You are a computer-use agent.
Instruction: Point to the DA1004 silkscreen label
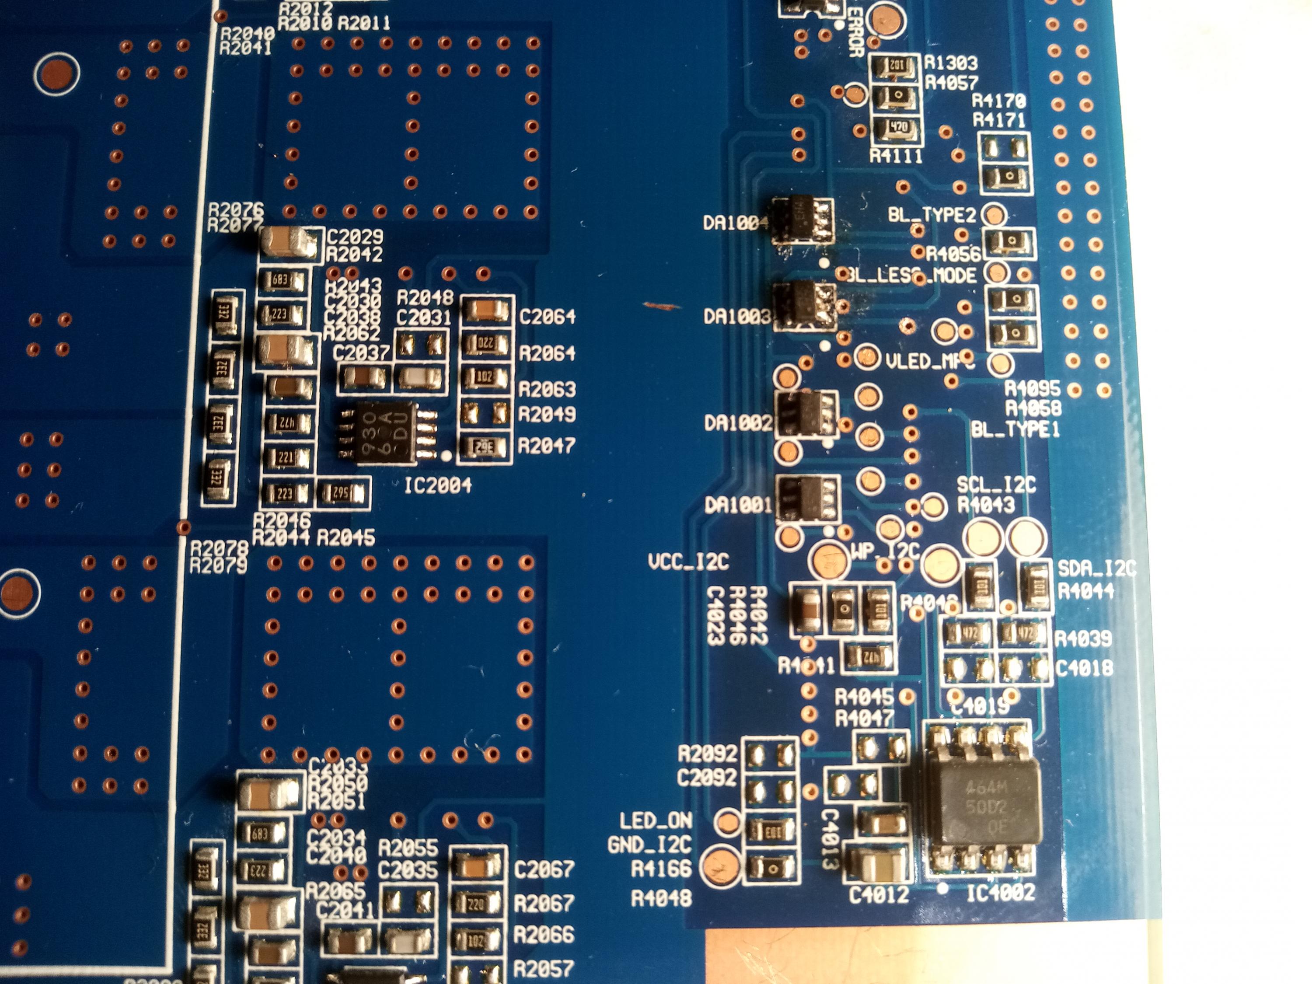click(x=736, y=223)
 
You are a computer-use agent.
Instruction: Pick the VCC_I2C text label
click(x=688, y=561)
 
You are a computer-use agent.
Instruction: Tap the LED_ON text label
click(x=656, y=821)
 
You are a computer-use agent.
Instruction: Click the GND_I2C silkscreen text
click(x=649, y=844)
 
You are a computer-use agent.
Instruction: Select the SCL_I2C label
click(x=996, y=485)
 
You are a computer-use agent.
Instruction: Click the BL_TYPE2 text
click(x=931, y=215)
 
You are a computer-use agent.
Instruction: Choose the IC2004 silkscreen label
click(x=438, y=486)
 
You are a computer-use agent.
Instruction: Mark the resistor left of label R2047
click(x=485, y=446)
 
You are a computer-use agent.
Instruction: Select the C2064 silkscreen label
click(x=547, y=317)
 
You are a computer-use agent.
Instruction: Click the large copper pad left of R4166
click(x=720, y=866)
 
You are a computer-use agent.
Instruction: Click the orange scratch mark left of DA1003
click(x=661, y=306)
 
